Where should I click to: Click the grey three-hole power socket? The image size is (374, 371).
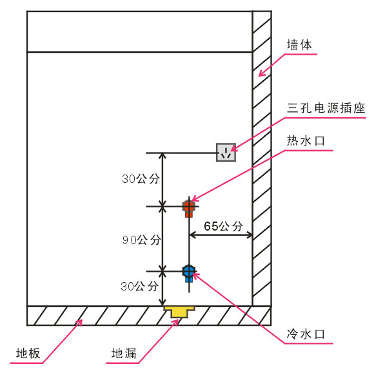coord(226,153)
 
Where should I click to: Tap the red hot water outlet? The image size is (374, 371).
coord(189,208)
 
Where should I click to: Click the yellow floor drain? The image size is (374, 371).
coord(179,312)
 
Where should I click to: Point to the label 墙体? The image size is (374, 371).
coord(299,45)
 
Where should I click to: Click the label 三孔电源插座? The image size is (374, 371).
coord(326,108)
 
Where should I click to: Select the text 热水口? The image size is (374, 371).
coord(306,141)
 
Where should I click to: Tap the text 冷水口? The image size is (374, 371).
coord(306,334)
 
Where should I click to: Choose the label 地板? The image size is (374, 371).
coord(28,353)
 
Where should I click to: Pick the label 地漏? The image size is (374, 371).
coord(124,353)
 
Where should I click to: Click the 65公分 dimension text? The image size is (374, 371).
coord(223,226)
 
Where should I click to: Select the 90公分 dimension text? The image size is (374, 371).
coord(141,240)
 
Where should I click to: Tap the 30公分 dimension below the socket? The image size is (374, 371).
coord(141,178)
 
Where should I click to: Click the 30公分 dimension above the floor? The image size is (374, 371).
coord(139,286)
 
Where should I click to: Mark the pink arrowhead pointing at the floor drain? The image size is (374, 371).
coord(175,323)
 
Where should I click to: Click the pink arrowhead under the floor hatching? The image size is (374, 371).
coord(80,323)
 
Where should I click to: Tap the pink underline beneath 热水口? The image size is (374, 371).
coord(309,150)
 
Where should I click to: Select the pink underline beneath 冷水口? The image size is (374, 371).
coord(309,343)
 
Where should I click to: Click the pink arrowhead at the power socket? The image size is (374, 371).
coord(233,149)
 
